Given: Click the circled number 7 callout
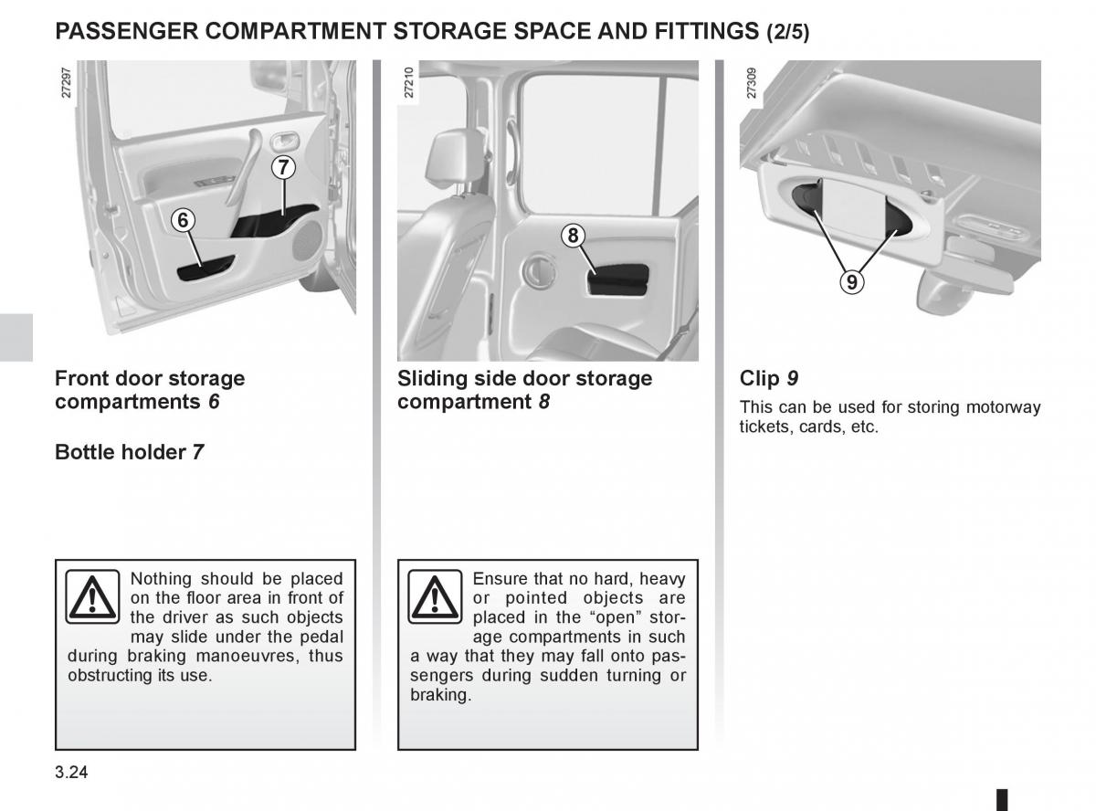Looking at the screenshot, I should [x=283, y=167].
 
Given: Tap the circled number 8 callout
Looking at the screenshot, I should [x=572, y=236].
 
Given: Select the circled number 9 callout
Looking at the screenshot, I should [x=851, y=282].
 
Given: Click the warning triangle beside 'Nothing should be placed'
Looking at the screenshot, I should [x=92, y=596].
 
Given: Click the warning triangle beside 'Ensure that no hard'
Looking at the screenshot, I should [x=435, y=596].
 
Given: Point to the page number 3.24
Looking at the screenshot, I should [x=72, y=773].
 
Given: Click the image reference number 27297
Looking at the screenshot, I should [x=67, y=84].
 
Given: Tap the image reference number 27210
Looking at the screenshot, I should [x=409, y=84].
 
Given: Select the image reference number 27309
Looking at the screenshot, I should [x=752, y=84].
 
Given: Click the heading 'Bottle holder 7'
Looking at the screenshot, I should [x=129, y=451].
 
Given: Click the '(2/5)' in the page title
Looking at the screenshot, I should [x=787, y=33].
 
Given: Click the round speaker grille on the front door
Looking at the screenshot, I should [x=308, y=241].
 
